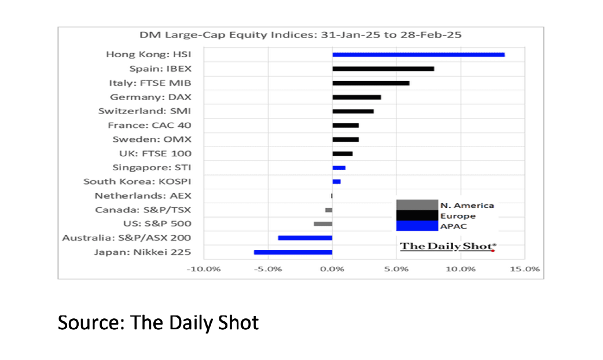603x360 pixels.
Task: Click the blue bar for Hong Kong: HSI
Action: point(418,54)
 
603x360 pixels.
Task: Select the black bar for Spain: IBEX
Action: point(383,69)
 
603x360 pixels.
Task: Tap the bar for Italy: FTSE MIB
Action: point(370,83)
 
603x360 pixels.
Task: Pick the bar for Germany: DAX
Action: point(356,97)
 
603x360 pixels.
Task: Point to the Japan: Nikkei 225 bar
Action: point(293,252)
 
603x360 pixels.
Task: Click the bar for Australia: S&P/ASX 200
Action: point(305,238)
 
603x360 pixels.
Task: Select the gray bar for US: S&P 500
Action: point(323,223)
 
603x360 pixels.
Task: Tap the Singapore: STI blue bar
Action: point(339,168)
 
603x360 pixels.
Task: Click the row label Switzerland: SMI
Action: point(145,111)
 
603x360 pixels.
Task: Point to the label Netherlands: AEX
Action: point(143,196)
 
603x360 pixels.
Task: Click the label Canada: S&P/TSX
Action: point(143,210)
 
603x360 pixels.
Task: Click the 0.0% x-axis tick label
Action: point(332,269)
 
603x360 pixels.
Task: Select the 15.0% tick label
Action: point(524,269)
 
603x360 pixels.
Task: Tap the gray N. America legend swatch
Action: point(417,205)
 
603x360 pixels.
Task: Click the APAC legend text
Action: point(453,226)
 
